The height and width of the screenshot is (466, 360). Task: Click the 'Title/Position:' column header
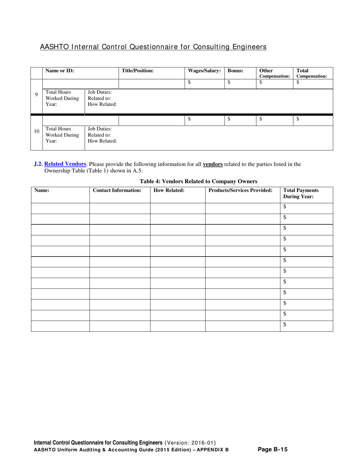[x=138, y=70]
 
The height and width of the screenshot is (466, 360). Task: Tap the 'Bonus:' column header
[x=235, y=70]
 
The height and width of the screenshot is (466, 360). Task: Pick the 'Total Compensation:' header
[x=311, y=73]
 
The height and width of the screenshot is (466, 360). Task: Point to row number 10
[x=37, y=131]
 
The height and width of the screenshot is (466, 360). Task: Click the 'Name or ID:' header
[x=59, y=70]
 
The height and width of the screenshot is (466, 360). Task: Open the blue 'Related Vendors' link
[x=65, y=164]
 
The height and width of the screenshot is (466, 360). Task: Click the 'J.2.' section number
[x=38, y=164]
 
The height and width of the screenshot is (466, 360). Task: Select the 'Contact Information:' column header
[x=117, y=190]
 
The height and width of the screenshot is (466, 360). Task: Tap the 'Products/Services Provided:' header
[x=241, y=190]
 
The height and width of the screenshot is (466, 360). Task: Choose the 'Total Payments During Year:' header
[x=301, y=193]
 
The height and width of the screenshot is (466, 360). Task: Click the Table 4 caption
[x=199, y=181]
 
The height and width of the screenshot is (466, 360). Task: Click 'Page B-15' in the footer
[x=272, y=450]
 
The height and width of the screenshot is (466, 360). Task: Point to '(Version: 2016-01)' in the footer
[x=191, y=443]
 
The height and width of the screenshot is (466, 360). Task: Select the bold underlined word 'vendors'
[x=213, y=164]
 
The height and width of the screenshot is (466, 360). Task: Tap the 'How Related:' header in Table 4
[x=169, y=190]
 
